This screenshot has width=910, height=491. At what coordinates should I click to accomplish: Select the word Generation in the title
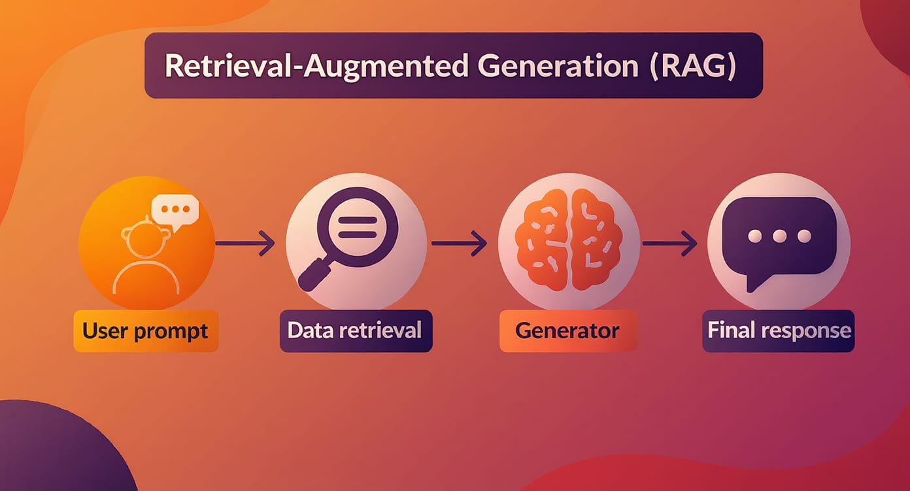(x=558, y=66)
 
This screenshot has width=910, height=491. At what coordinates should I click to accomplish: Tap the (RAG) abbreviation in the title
(x=693, y=66)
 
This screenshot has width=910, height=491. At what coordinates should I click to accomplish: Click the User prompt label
(x=145, y=331)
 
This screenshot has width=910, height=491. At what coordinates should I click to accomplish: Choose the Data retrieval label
(x=354, y=330)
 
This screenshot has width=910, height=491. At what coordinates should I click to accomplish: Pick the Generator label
(x=567, y=331)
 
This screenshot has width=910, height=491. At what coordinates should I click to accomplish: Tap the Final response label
(x=779, y=330)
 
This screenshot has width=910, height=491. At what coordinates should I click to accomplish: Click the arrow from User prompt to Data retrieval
(x=245, y=243)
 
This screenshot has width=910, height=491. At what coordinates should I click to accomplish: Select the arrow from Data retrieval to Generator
(x=460, y=243)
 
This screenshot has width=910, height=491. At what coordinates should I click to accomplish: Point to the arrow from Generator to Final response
(x=670, y=243)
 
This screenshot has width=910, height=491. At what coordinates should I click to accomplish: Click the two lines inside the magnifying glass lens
(x=358, y=227)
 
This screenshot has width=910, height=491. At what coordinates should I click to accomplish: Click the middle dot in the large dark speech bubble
(x=779, y=236)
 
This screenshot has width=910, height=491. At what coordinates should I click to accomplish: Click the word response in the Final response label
(x=807, y=332)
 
